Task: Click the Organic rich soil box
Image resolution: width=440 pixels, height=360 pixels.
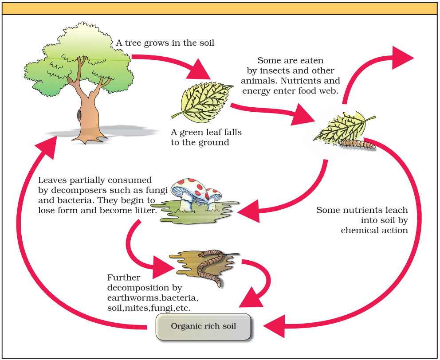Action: click(203, 327)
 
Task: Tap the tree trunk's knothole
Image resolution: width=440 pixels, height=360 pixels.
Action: click(79, 115)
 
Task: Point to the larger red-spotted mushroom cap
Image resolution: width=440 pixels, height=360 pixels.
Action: click(186, 188)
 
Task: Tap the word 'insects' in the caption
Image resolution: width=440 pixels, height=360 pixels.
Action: click(279, 71)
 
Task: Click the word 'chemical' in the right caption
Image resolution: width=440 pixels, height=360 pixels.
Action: click(361, 231)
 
